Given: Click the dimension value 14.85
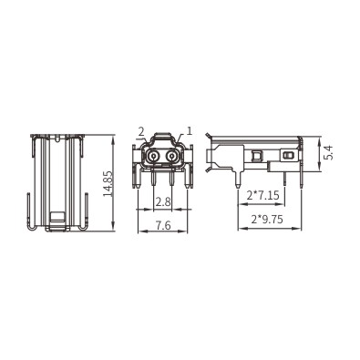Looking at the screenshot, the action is tap(108, 184).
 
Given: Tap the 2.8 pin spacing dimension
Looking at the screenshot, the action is tap(163, 201).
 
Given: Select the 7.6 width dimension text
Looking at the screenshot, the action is tap(163, 226).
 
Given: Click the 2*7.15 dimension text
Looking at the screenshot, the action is tap(262, 195).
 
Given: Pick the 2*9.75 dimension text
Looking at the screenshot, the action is tap(267, 219).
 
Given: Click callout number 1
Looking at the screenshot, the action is tap(190, 131).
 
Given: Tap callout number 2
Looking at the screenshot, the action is tap(141, 132).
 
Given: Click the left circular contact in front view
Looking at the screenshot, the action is tap(153, 157).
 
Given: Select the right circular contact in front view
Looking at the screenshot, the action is tap(172, 157).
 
